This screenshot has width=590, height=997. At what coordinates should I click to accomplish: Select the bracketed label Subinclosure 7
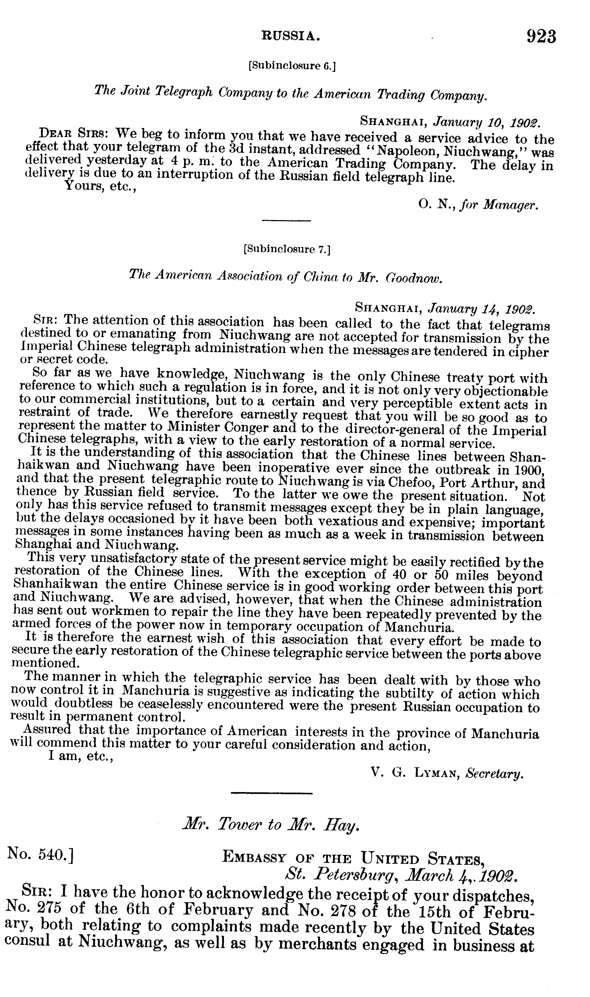point(287,249)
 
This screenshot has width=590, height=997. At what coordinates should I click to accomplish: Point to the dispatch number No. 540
point(40,854)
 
